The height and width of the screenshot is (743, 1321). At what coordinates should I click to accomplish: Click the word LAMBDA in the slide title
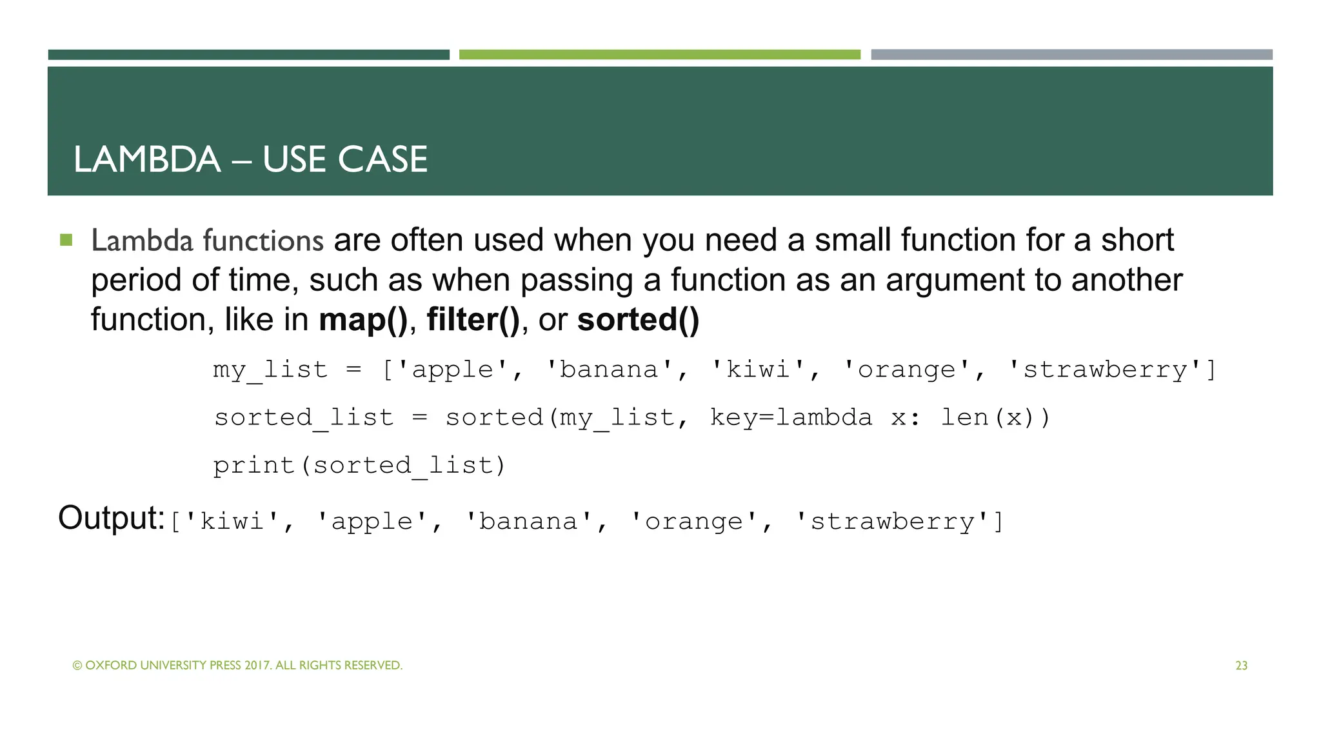(x=147, y=159)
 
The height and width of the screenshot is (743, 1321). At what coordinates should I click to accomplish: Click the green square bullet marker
(x=66, y=241)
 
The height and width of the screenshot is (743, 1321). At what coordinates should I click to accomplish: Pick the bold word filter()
(x=473, y=320)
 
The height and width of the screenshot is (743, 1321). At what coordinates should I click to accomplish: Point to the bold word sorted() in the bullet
(x=638, y=320)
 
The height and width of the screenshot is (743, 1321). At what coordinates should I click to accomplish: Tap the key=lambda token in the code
(x=791, y=417)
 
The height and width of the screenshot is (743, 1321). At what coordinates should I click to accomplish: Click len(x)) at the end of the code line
(x=995, y=417)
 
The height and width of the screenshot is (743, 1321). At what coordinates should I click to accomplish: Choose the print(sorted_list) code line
(x=359, y=465)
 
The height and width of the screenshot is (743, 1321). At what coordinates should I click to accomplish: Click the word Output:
(x=112, y=518)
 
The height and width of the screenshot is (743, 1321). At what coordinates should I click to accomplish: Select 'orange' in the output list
(x=694, y=521)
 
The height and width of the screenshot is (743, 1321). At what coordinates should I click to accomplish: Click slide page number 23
(x=1241, y=666)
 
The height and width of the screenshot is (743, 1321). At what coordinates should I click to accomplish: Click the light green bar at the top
(x=659, y=55)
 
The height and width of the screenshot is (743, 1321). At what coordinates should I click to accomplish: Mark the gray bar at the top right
(x=1071, y=55)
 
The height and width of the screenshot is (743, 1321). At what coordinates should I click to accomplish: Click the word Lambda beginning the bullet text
(x=142, y=241)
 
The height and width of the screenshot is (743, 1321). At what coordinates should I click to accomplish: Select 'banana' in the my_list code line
(x=610, y=370)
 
